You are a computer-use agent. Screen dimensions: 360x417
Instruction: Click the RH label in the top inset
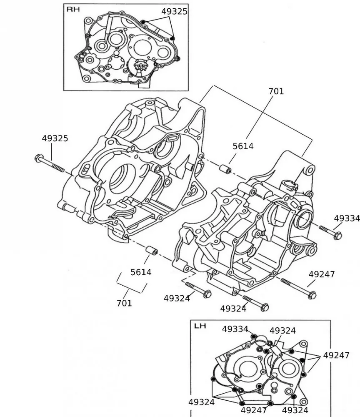(73, 9)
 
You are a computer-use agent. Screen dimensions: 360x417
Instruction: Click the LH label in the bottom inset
(200, 326)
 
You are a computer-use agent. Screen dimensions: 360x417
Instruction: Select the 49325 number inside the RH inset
(174, 11)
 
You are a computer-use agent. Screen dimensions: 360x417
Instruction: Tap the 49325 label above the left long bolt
(55, 138)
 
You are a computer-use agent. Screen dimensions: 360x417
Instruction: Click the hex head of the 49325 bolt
(39, 158)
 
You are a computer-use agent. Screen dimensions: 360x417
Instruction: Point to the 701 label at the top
(276, 91)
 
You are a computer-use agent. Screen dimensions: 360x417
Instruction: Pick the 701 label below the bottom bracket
(124, 303)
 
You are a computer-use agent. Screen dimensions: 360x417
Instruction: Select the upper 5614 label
(243, 146)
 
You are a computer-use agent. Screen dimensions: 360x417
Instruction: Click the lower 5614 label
(141, 272)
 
